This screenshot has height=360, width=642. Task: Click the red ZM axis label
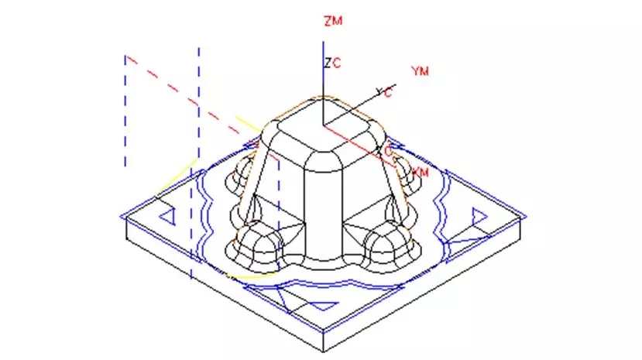(x=333, y=21)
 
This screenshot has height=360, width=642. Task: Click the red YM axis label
(x=421, y=71)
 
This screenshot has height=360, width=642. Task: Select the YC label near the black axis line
(x=383, y=92)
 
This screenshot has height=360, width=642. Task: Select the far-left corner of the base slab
(x=124, y=214)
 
